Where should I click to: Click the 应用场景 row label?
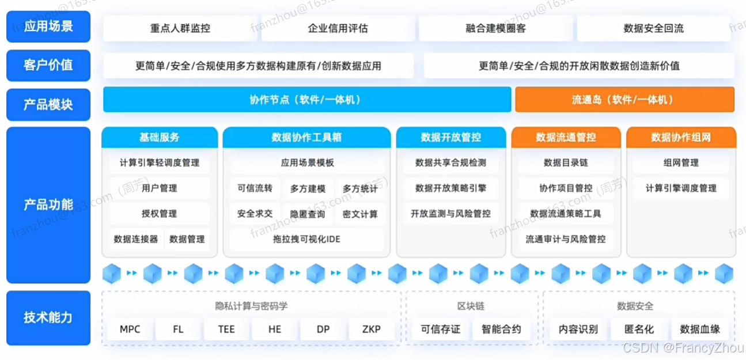[x=48, y=26]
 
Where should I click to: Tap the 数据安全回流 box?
[x=653, y=28]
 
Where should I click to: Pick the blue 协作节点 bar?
[x=306, y=100]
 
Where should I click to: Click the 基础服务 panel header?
[x=160, y=137]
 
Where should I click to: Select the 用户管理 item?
[x=160, y=188]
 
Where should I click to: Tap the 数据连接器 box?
[x=136, y=239]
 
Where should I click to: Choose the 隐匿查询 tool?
[x=308, y=214]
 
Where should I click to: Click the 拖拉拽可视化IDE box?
[x=306, y=239]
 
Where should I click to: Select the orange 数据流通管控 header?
[x=566, y=137]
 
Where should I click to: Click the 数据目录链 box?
[x=566, y=163]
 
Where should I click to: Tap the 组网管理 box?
[x=681, y=163]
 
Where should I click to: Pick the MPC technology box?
[x=130, y=329]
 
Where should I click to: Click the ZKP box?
[x=372, y=329]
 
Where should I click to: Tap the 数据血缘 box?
[x=699, y=329]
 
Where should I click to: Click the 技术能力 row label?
[x=48, y=317]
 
